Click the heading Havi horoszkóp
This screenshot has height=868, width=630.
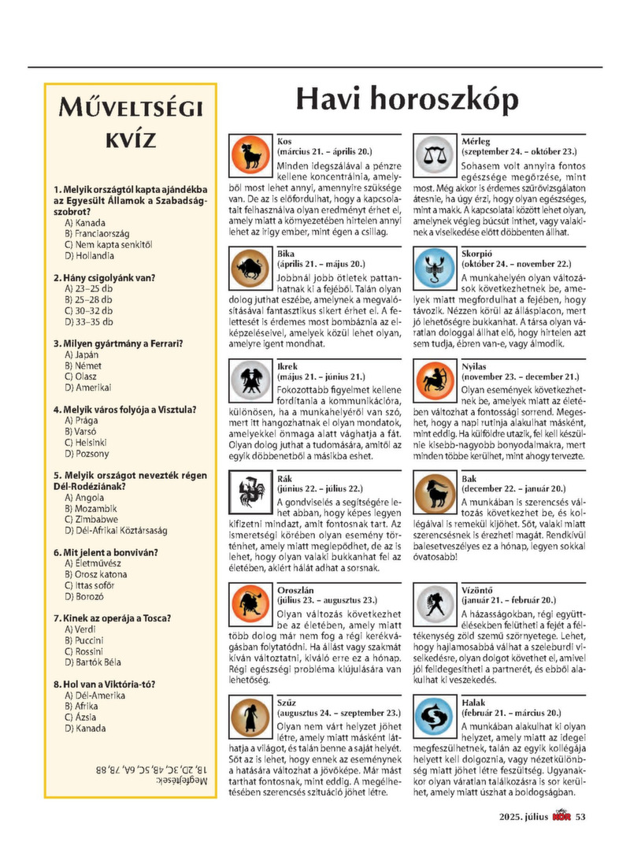[x=406, y=101]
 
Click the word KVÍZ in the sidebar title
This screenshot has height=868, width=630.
[x=131, y=140]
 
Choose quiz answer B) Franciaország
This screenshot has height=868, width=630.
[x=98, y=234]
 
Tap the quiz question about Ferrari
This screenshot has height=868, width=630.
[x=118, y=343]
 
